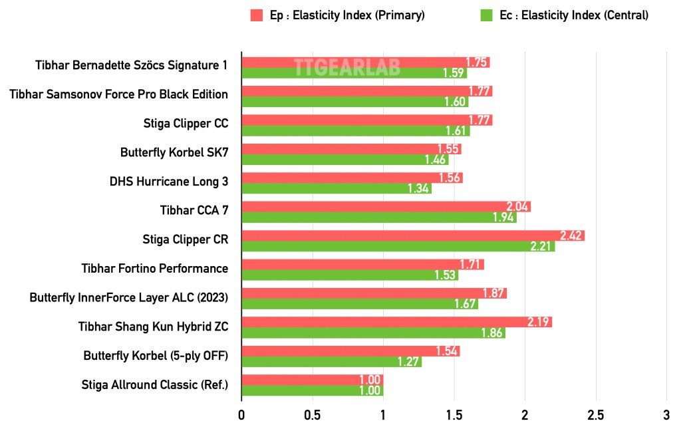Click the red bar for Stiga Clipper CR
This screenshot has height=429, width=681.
click(x=412, y=235)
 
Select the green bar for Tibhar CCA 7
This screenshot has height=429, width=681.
click(x=378, y=217)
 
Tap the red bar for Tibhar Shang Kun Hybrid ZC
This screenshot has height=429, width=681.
click(x=396, y=322)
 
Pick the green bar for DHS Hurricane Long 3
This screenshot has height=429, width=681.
click(x=336, y=188)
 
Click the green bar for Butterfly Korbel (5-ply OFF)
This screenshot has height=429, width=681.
click(x=331, y=362)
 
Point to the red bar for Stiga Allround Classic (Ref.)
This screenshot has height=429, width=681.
click(x=312, y=380)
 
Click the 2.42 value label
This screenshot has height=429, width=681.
click(x=572, y=235)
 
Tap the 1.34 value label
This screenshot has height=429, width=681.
click(x=419, y=188)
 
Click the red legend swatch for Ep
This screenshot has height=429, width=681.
click(x=257, y=15)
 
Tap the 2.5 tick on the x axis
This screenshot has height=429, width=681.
click(x=595, y=415)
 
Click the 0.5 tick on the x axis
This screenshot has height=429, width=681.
click(x=312, y=415)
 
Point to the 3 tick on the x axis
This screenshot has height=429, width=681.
click(x=666, y=415)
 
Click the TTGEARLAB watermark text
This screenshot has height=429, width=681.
click(x=347, y=68)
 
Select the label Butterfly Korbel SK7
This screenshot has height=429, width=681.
click(x=174, y=152)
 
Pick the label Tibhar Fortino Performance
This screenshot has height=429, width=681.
click(x=155, y=268)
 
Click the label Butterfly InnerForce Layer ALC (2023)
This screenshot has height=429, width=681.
click(x=129, y=297)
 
